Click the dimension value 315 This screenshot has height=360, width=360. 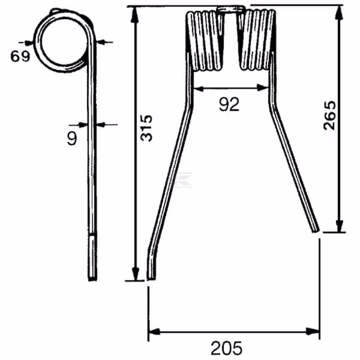click(x=146, y=128)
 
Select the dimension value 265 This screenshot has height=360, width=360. click(x=329, y=115)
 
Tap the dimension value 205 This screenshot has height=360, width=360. click(x=226, y=348)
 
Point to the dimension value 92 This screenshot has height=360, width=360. click(x=229, y=104)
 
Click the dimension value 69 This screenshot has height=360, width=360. click(x=20, y=56)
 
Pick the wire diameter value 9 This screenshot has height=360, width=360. click(x=73, y=138)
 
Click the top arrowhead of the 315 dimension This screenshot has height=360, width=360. click(x=134, y=14)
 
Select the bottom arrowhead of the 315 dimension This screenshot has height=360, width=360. click(x=136, y=273)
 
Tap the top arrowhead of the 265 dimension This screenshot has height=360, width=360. click(x=340, y=14)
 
